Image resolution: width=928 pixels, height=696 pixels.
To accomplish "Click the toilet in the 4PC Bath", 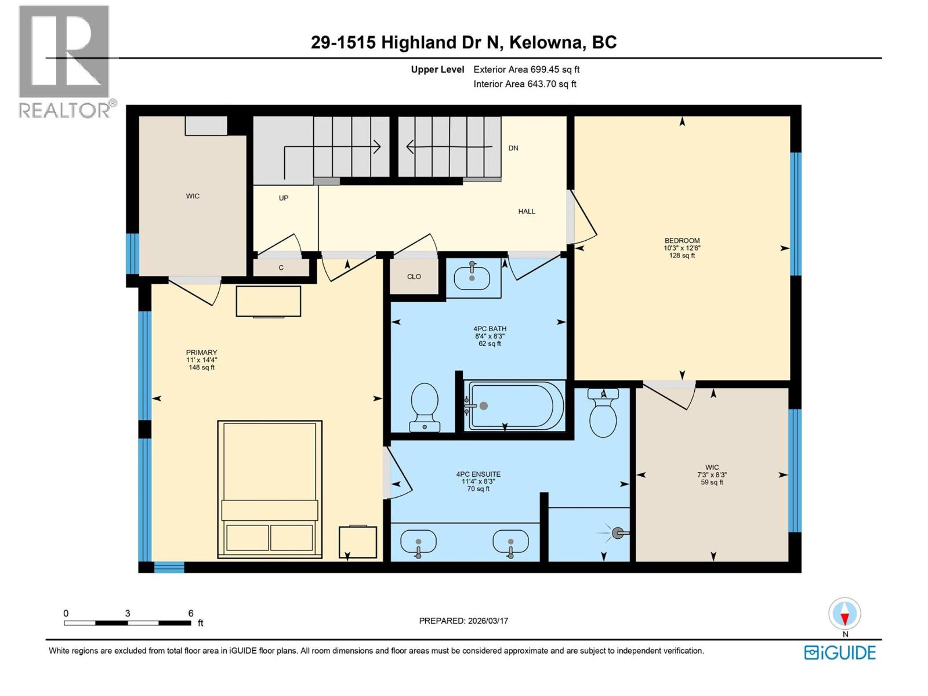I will (425, 406).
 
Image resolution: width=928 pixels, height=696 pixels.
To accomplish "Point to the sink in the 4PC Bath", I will (472, 277).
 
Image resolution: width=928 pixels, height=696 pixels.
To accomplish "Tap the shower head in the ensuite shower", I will (618, 532).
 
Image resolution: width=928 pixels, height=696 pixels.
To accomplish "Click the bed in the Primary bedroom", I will (270, 489).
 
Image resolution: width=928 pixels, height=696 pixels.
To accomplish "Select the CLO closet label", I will (414, 277).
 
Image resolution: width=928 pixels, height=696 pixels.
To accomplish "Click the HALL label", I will (527, 211).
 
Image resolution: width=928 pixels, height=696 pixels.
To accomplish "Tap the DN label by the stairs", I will (513, 148).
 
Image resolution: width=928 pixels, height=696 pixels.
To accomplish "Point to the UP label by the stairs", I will (284, 198).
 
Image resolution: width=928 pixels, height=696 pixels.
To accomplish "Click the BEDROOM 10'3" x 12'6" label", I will (682, 248).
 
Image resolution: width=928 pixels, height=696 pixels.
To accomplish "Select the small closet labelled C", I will (281, 268).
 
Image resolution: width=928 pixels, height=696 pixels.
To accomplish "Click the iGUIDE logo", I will (840, 652).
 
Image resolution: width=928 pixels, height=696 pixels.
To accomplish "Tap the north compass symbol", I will (845, 614).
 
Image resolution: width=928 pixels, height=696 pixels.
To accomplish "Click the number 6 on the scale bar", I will (191, 613).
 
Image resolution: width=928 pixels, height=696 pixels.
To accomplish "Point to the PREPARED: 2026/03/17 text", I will (463, 621).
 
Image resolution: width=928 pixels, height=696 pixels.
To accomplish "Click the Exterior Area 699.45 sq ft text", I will (526, 70).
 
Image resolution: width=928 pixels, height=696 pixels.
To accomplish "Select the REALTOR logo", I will (65, 61).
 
